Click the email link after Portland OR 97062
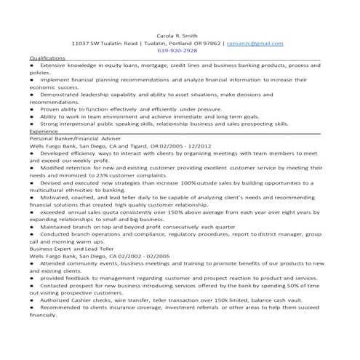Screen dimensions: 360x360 (269, 43)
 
